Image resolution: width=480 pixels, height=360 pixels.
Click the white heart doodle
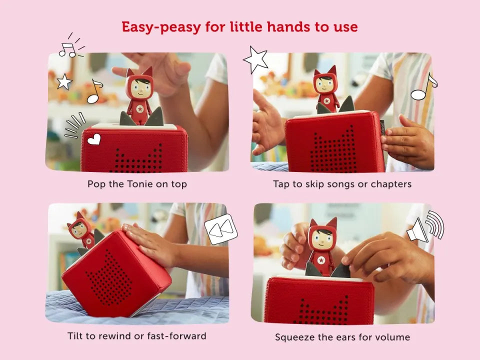[x=94, y=140]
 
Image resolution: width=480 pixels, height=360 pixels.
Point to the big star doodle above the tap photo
[x=255, y=59]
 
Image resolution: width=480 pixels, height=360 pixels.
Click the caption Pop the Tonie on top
[x=137, y=184]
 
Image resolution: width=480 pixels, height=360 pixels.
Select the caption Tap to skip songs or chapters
[x=342, y=184]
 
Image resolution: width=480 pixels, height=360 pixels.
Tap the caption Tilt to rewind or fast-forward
[x=137, y=336]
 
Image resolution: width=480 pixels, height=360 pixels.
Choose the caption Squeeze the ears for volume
[x=342, y=337]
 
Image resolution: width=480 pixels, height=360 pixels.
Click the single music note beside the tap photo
[x=423, y=88]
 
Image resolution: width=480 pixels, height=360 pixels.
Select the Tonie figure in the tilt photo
[x=81, y=230]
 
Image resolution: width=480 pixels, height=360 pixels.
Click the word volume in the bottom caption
[x=392, y=337]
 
